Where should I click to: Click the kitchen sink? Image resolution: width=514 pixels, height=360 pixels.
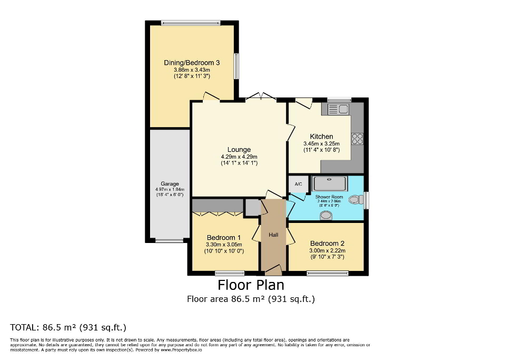tap(338, 109)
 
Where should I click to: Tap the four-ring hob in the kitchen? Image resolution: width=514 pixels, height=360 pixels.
tap(357, 139)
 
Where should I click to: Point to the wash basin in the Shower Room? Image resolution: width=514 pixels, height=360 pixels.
tap(327, 215)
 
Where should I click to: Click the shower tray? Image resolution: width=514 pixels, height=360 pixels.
tap(330, 183)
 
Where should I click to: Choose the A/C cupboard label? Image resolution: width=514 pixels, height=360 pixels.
tap(298, 184)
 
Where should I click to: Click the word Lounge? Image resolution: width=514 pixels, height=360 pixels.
tap(239, 149)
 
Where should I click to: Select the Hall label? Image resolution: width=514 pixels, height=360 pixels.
tap(273, 235)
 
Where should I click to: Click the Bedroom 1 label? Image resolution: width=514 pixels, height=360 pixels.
tap(224, 237)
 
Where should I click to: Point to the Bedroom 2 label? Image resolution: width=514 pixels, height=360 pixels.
tap(327, 244)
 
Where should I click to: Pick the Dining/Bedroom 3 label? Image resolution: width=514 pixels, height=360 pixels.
tap(192, 63)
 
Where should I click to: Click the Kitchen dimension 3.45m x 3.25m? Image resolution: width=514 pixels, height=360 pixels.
tap(321, 143)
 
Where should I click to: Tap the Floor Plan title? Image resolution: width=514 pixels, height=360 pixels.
tap(251, 285)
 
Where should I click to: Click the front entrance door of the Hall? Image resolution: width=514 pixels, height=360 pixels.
tap(273, 270)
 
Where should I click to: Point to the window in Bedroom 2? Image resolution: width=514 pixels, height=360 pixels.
tap(328, 273)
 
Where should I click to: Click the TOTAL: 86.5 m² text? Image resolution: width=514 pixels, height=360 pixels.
tap(68, 327)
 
